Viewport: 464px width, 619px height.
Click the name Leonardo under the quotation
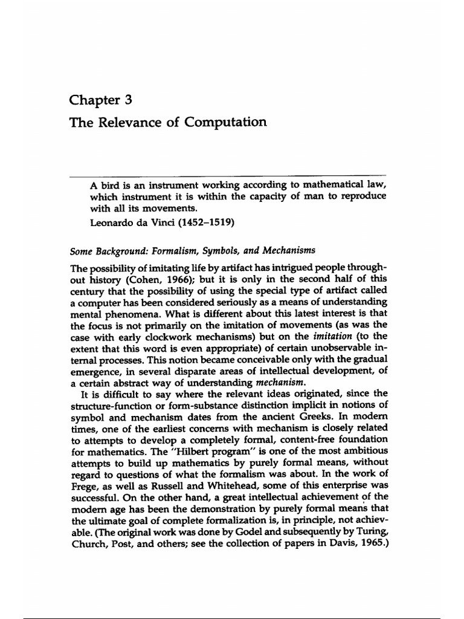pyautogui.click(x=115, y=222)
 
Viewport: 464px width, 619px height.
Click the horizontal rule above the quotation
pyautogui.click(x=229, y=176)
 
